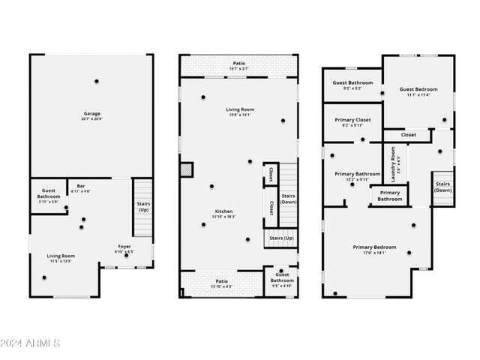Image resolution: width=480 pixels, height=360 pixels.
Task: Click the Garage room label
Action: click(x=92, y=115)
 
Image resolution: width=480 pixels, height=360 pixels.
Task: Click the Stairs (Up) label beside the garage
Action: click(x=142, y=206)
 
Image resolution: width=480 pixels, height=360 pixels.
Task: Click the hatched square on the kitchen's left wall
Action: click(x=186, y=170)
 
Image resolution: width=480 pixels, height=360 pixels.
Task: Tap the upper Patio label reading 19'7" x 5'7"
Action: click(x=238, y=64)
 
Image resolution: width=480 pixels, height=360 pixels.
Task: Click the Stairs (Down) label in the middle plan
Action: click(x=288, y=199)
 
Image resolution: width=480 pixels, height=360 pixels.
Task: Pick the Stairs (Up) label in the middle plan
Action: click(x=282, y=238)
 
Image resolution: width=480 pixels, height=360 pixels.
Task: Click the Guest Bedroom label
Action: click(x=418, y=89)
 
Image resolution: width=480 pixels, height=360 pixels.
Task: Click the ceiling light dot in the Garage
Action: click(x=96, y=81)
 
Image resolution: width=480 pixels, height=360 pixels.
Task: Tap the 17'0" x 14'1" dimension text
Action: click(x=374, y=253)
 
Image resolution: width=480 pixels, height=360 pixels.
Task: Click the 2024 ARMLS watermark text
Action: click(x=30, y=343)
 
